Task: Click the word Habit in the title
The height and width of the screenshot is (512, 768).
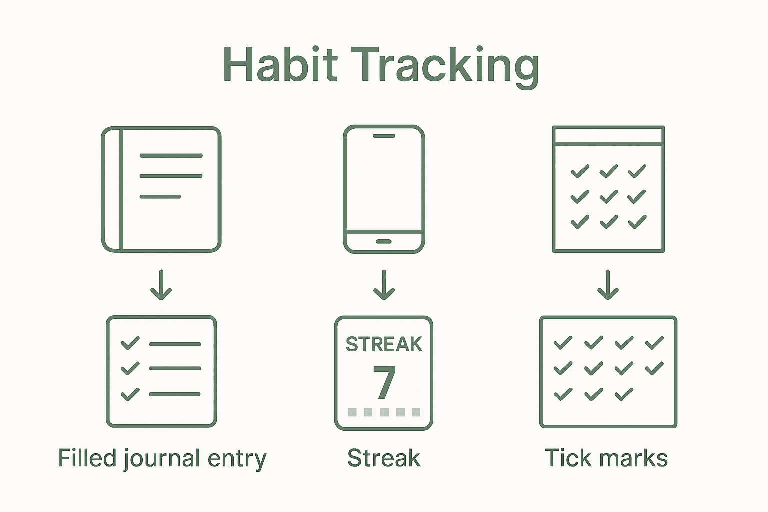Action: [280, 65]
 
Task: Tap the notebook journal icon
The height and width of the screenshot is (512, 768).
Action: [161, 189]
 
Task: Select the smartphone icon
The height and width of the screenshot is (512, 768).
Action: [384, 189]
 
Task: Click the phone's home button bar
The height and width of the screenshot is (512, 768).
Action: [383, 242]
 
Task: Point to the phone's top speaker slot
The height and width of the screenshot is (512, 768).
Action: [384, 136]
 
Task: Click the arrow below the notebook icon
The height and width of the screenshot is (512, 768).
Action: [161, 285]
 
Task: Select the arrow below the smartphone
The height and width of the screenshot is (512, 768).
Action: [384, 285]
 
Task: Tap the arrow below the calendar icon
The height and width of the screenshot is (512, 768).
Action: [608, 285]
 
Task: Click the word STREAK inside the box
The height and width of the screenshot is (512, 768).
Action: [384, 344]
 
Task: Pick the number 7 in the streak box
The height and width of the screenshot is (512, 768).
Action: [384, 383]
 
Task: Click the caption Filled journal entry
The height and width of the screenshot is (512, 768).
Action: [162, 458]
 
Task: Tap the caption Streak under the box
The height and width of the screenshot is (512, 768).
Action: [384, 458]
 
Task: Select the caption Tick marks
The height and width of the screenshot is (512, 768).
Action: [606, 458]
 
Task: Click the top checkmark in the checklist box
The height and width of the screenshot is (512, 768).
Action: [130, 343]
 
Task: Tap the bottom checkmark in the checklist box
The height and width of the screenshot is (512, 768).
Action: [130, 394]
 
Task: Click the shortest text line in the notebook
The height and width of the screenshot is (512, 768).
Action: [160, 197]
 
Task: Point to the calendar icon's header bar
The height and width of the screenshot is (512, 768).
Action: [608, 136]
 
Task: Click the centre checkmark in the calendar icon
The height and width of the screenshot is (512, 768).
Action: [608, 197]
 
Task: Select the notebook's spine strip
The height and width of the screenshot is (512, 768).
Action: [112, 189]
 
